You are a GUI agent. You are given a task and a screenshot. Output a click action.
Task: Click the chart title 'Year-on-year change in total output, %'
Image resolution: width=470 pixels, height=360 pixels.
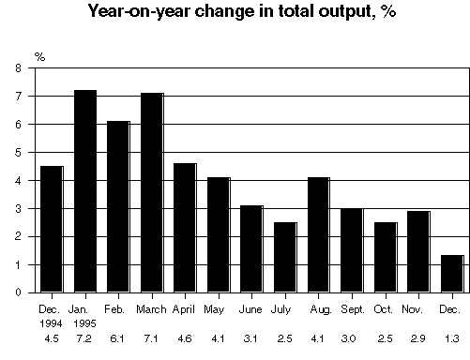[235, 12]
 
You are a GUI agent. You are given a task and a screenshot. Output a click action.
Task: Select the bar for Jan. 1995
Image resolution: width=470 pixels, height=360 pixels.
[84, 191]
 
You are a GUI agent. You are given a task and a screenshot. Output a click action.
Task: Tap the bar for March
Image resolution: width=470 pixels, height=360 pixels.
[151, 192]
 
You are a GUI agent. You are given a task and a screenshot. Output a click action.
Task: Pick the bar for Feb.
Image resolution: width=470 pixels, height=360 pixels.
[118, 206]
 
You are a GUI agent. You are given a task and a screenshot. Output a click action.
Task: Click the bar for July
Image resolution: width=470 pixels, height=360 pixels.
[284, 257]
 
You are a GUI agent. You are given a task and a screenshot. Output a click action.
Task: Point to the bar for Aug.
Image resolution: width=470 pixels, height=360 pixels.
[317, 234]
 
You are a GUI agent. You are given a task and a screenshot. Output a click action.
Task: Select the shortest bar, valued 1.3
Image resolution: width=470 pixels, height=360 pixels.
[451, 274]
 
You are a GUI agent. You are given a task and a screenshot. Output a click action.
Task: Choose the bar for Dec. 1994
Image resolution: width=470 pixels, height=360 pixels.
[51, 229]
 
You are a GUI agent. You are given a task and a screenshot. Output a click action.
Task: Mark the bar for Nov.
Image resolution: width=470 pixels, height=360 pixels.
[417, 251]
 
